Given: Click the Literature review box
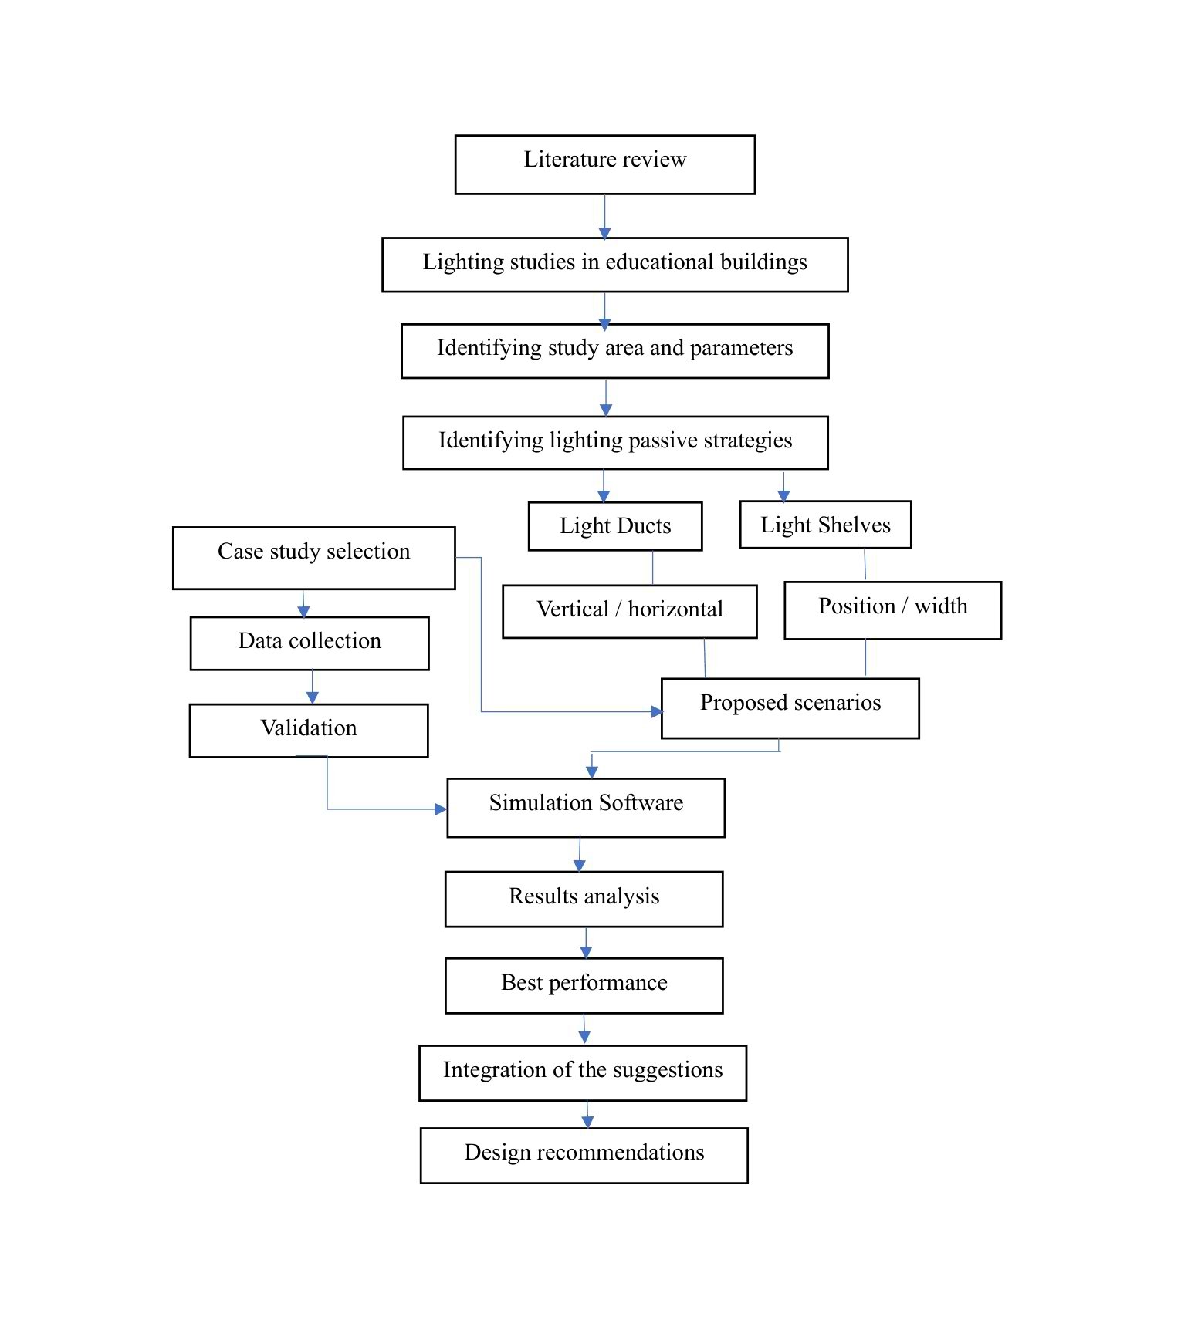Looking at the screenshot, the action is click(604, 164).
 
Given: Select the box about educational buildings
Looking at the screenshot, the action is click(615, 265).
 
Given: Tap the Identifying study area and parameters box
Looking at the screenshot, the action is click(615, 351).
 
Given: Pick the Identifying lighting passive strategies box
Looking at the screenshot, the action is click(615, 443).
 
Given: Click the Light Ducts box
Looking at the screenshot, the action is click(615, 526).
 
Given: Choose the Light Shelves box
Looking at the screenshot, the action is click(825, 525).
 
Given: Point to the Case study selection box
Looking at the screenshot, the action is click(314, 558).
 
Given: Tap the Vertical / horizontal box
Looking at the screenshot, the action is click(630, 611).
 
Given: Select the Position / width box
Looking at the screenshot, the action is click(893, 610).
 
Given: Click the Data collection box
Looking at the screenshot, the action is click(310, 643).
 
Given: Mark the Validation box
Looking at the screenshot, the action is click(309, 731).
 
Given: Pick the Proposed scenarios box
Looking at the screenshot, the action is click(790, 708).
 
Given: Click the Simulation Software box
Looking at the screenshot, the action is click(586, 808).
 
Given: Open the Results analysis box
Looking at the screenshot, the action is click(584, 899).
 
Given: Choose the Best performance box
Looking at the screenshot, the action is click(584, 985).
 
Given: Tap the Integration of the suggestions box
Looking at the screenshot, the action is click(583, 1072).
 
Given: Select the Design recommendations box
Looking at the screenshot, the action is click(584, 1155).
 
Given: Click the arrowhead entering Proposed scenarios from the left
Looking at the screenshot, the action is click(657, 711).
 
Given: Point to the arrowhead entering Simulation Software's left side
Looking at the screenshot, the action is click(441, 809).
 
